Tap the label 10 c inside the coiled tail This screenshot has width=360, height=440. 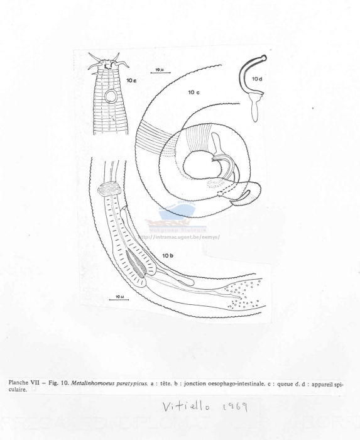[194, 92]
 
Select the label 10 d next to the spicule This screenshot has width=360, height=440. [257, 79]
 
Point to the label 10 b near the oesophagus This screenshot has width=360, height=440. [168, 256]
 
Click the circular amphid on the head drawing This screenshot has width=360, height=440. [111, 97]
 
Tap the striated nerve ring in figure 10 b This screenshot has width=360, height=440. [112, 188]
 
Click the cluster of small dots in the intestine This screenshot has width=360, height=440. [246, 294]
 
